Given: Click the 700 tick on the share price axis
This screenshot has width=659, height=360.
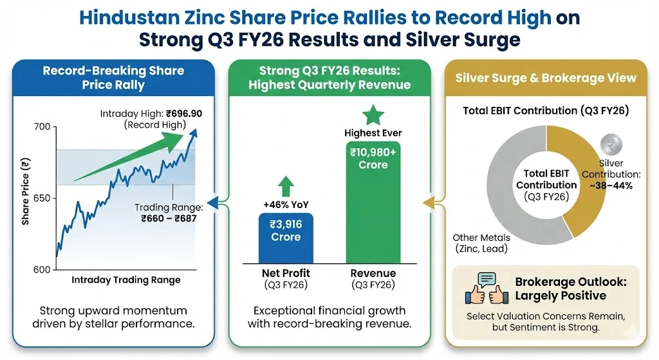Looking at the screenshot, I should click(42, 127).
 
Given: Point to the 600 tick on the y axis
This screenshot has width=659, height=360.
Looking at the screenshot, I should click(42, 269).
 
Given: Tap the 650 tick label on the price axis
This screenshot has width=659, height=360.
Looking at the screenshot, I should click(42, 198).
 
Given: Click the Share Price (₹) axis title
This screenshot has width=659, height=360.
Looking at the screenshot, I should click(25, 193).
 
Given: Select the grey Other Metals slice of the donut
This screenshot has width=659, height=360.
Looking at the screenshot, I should click(508, 193).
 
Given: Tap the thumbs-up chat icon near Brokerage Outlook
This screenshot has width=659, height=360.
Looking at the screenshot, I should click(487, 289).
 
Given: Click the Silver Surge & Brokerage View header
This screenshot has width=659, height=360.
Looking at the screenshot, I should click(546, 78).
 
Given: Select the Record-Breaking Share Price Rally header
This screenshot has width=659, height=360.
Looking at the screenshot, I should click(113, 77).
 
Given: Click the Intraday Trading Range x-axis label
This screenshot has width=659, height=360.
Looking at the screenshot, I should click(125, 280).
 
